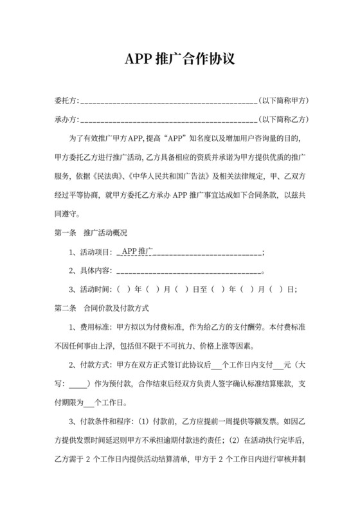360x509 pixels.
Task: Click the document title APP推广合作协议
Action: (x=179, y=59)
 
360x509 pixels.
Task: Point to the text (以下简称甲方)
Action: (x=283, y=101)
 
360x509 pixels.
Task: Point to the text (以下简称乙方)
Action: (x=283, y=120)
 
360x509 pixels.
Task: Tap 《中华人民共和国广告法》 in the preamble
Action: (x=163, y=176)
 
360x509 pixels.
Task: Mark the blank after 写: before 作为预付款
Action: (x=78, y=384)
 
